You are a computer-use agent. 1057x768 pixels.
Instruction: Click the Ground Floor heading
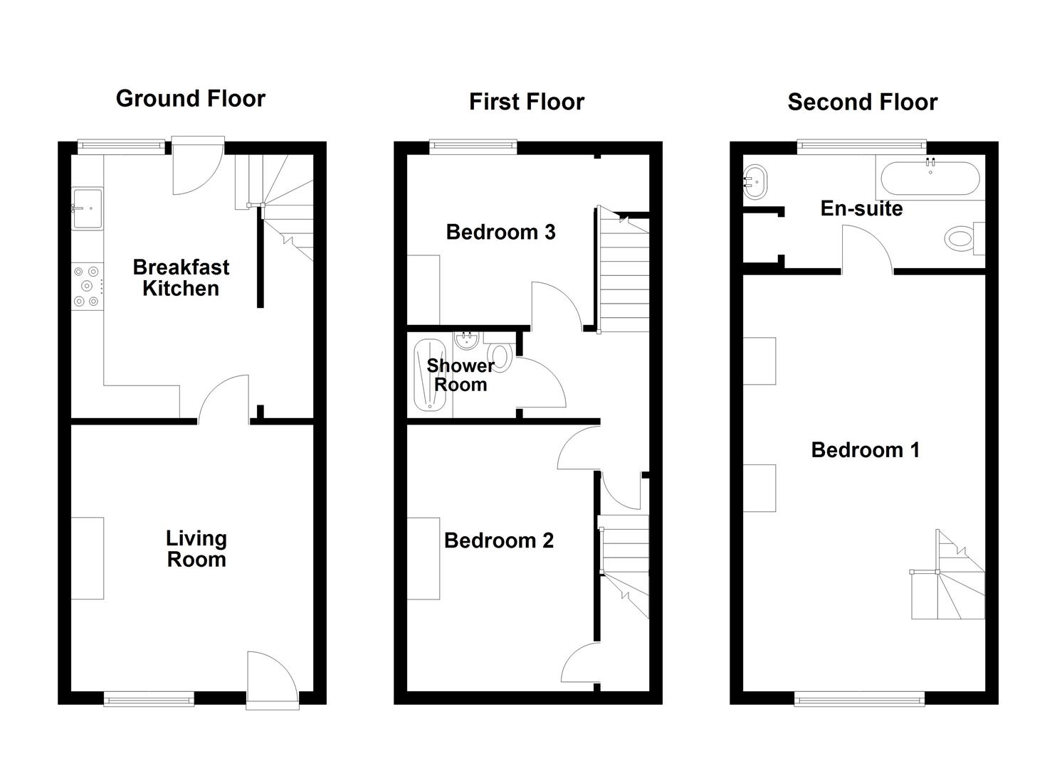coord(190,98)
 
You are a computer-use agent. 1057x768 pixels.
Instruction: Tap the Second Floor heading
coord(862,102)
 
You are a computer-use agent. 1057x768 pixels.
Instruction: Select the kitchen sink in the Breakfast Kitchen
coord(87,208)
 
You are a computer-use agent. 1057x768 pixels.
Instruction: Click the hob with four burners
coord(87,286)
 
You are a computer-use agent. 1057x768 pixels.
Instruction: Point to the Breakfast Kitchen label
coord(181,277)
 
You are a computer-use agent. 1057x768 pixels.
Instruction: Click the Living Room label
coord(196,548)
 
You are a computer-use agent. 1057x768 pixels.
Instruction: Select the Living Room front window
coord(149,699)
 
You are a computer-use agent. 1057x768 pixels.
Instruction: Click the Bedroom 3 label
coord(500,232)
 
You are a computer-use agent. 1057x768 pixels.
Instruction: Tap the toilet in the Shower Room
coord(500,357)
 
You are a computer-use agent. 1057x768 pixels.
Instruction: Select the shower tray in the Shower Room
coord(429,375)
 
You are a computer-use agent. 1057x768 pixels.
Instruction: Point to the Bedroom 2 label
coord(498,540)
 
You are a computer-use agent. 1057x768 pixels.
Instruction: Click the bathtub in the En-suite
coord(930,178)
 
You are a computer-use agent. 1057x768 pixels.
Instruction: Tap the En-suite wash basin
coord(755,182)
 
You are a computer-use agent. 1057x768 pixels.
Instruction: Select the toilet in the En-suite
coord(962,238)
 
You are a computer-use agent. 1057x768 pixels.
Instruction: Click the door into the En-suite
coord(868,249)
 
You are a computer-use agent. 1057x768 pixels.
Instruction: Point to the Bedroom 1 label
coord(865,449)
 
